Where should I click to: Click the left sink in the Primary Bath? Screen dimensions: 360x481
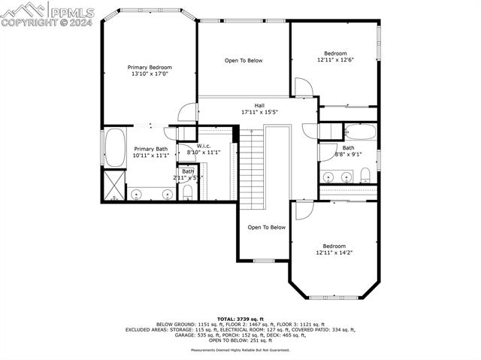click(x=136, y=194)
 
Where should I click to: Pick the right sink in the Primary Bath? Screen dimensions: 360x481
click(x=166, y=194)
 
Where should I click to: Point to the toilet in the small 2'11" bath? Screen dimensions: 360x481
click(x=188, y=192)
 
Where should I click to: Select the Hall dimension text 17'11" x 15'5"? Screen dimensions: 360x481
click(x=259, y=112)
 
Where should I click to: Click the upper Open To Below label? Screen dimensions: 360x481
click(x=244, y=61)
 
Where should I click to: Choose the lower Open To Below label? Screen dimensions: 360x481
click(x=267, y=227)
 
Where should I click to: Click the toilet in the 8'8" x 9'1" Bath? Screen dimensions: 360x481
click(x=365, y=176)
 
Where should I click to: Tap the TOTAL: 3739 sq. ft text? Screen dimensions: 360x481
click(x=240, y=319)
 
